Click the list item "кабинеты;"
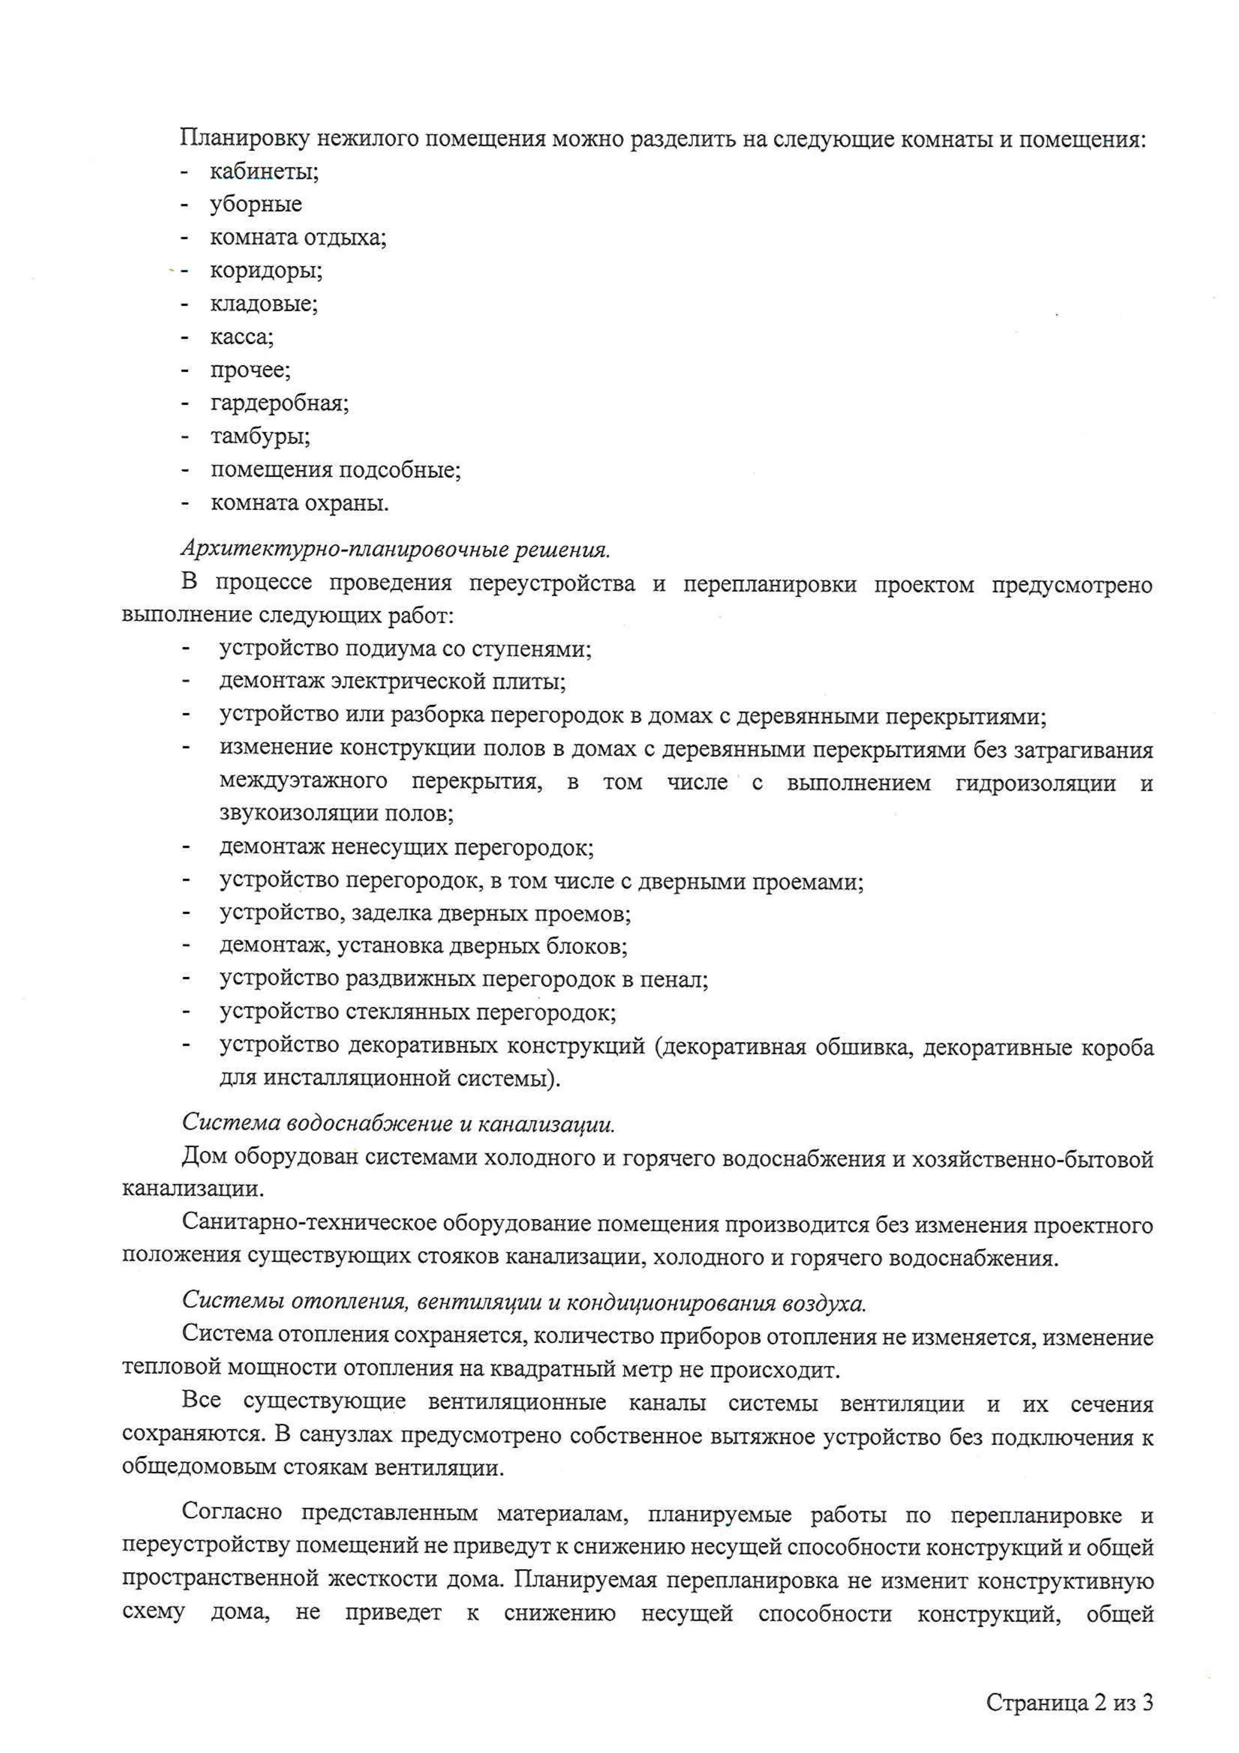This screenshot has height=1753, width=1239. pyautogui.click(x=264, y=172)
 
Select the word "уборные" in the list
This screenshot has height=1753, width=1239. pyautogui.click(x=256, y=204)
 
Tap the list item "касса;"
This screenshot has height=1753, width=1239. pyautogui.click(x=242, y=337)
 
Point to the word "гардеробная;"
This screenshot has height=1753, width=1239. pyautogui.click(x=279, y=403)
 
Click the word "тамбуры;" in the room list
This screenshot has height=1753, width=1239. pyautogui.click(x=260, y=437)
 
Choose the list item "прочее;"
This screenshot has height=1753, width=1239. pyautogui.click(x=250, y=370)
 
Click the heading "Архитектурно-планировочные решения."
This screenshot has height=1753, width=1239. pyautogui.click(x=396, y=549)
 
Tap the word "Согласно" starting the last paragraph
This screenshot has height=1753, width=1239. pyautogui.click(x=232, y=1513)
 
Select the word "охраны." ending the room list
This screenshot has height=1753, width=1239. pyautogui.click(x=347, y=504)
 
